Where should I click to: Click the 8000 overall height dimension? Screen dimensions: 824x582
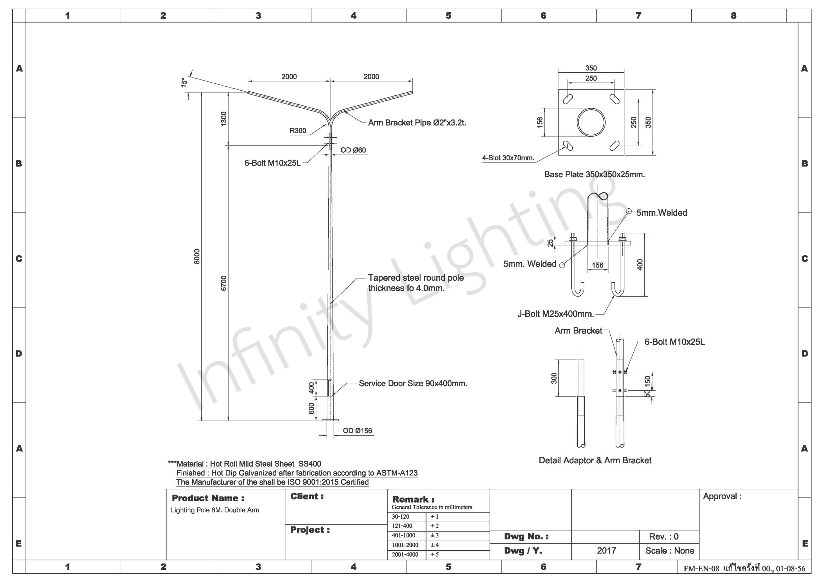tap(197, 256)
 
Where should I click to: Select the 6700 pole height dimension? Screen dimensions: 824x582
tap(224, 283)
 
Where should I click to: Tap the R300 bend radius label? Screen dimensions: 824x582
tap(298, 131)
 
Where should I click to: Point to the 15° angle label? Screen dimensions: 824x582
tap(184, 83)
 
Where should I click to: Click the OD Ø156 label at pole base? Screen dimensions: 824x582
tap(358, 431)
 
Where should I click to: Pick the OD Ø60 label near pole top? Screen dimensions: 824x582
tap(353, 150)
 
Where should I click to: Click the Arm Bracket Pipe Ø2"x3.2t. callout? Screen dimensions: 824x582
tap(417, 123)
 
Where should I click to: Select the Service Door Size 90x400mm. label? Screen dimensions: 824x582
tap(413, 383)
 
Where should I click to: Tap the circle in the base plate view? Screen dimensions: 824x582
tap(591, 122)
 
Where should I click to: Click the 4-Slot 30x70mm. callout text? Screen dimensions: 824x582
tap(508, 158)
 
